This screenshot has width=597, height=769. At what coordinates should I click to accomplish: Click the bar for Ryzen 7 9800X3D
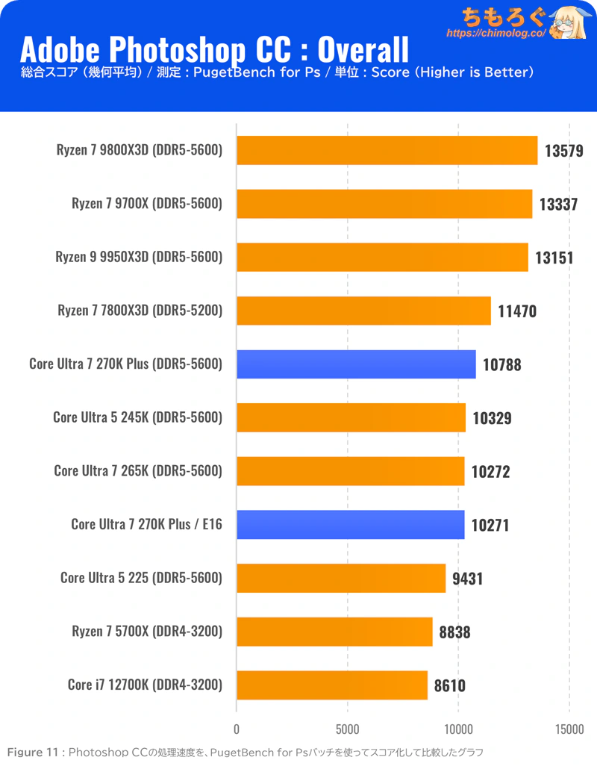(387, 150)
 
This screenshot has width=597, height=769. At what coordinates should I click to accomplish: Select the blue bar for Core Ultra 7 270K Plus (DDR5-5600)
(356, 364)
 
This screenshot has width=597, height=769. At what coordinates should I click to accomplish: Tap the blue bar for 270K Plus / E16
(350, 525)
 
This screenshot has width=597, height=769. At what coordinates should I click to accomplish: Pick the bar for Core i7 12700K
(332, 685)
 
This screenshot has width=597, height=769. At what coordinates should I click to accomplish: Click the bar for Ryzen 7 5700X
(334, 632)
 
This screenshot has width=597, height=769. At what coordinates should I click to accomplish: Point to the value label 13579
(563, 151)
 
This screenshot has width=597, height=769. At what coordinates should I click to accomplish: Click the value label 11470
(517, 311)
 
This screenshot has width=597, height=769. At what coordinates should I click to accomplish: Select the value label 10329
(492, 418)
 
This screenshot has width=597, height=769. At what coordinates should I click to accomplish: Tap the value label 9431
(467, 578)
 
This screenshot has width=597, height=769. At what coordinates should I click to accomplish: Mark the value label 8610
(449, 685)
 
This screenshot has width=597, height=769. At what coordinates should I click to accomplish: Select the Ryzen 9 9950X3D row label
(139, 257)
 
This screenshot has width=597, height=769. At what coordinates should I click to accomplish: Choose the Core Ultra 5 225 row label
(141, 577)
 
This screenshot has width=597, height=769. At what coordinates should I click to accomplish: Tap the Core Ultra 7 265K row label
(138, 471)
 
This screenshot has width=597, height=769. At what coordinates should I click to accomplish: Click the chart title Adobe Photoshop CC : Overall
(214, 50)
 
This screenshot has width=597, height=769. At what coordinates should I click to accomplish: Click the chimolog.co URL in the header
(496, 34)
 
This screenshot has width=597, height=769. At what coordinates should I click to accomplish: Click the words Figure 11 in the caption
(31, 751)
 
